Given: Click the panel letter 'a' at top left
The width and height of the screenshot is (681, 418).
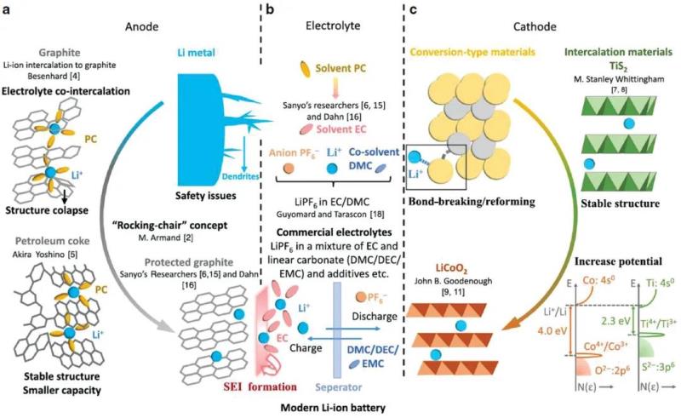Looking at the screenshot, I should (x=7, y=10).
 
